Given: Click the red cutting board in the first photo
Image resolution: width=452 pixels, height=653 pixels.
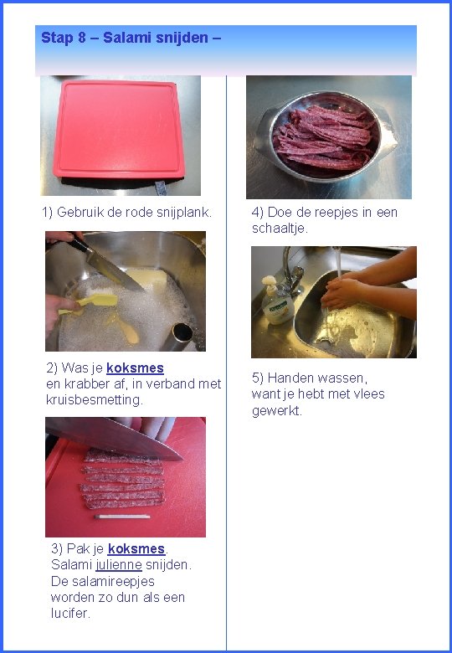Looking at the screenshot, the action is click(x=119, y=129).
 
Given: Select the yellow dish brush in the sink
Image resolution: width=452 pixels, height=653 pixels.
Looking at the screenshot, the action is click(x=88, y=303).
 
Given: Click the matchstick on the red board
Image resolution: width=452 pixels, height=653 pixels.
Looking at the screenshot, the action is click(x=122, y=517).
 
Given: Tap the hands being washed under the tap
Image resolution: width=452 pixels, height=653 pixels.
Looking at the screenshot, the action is click(x=341, y=292).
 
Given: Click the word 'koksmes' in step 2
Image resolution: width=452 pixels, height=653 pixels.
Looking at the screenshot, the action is click(x=135, y=368).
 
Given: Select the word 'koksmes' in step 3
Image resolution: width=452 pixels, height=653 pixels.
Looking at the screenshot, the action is click(x=136, y=549).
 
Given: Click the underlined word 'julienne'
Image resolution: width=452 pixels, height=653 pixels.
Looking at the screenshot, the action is click(x=119, y=565).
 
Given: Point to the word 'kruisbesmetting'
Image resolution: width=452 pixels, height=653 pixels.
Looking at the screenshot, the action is click(x=95, y=400).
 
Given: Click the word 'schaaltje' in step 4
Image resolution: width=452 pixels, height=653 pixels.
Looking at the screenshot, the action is click(x=280, y=229).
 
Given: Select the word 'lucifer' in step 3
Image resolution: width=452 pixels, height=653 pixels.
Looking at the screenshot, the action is click(x=70, y=613).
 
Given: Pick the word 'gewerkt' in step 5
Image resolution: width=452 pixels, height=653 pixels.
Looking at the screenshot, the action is click(x=277, y=411).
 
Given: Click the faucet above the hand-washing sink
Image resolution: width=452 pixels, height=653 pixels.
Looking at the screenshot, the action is click(x=294, y=270).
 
